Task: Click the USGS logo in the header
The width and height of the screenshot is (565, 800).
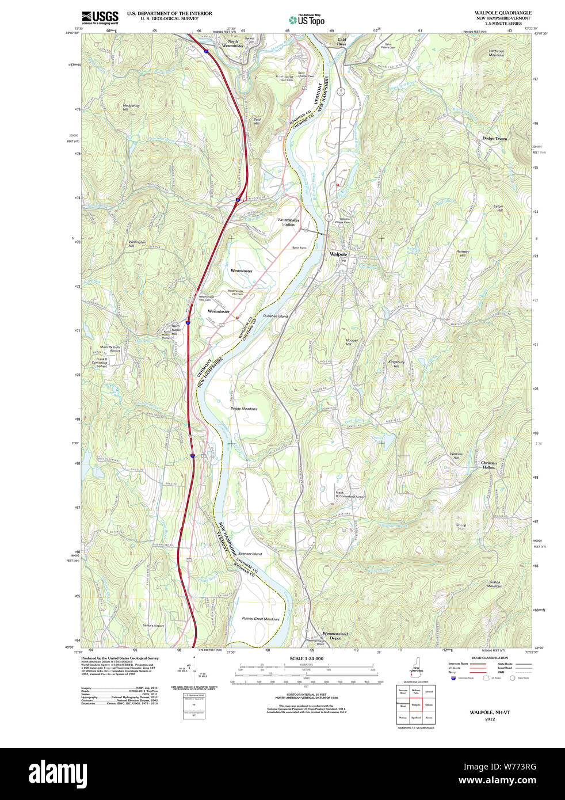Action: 100,17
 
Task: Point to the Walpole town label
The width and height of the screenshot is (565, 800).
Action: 338,254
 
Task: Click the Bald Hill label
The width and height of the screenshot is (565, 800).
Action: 257,121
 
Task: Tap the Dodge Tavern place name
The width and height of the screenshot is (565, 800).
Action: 494,139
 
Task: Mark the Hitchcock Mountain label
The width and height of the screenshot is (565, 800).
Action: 496,53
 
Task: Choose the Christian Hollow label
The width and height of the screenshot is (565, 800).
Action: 488,465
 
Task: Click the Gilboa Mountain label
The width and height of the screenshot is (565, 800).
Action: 494,584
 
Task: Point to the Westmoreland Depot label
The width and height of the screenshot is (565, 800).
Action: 335,635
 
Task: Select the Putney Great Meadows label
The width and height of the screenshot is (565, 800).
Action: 261,619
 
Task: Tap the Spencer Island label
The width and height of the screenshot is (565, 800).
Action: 250,554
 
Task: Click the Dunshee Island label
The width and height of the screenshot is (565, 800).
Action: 275,316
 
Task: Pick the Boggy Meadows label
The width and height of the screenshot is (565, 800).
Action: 244,409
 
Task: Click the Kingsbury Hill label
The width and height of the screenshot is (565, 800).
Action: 396,364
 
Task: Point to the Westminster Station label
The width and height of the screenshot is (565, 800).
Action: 288,222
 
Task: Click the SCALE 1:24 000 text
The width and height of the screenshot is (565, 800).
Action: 306,658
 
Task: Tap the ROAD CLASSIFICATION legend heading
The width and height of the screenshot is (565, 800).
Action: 490,658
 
